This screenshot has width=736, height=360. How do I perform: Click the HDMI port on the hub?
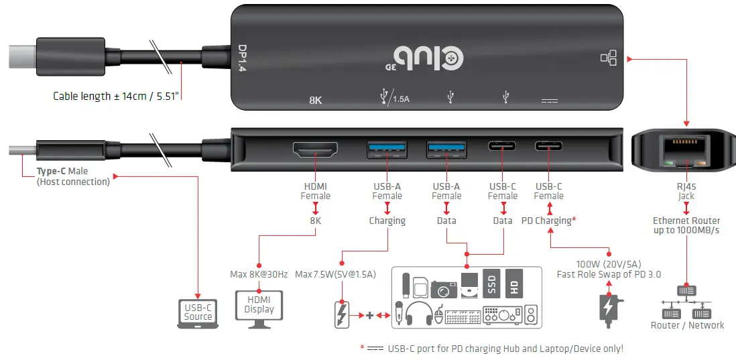315,150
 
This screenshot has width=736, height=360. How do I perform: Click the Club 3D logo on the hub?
427,58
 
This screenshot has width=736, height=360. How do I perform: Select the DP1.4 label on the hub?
242,58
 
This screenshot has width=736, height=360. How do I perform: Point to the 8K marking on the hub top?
316,101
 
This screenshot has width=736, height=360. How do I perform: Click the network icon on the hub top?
608,58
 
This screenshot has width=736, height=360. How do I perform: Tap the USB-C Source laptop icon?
198,312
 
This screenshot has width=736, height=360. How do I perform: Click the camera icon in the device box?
444,288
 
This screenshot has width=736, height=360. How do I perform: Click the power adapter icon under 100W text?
608,309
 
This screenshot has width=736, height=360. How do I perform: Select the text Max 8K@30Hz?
259,274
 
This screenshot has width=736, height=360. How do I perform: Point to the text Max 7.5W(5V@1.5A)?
336,274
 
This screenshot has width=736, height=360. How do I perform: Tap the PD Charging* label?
548,221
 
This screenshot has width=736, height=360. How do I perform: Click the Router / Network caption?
687,325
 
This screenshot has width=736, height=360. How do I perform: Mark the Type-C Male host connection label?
73,176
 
